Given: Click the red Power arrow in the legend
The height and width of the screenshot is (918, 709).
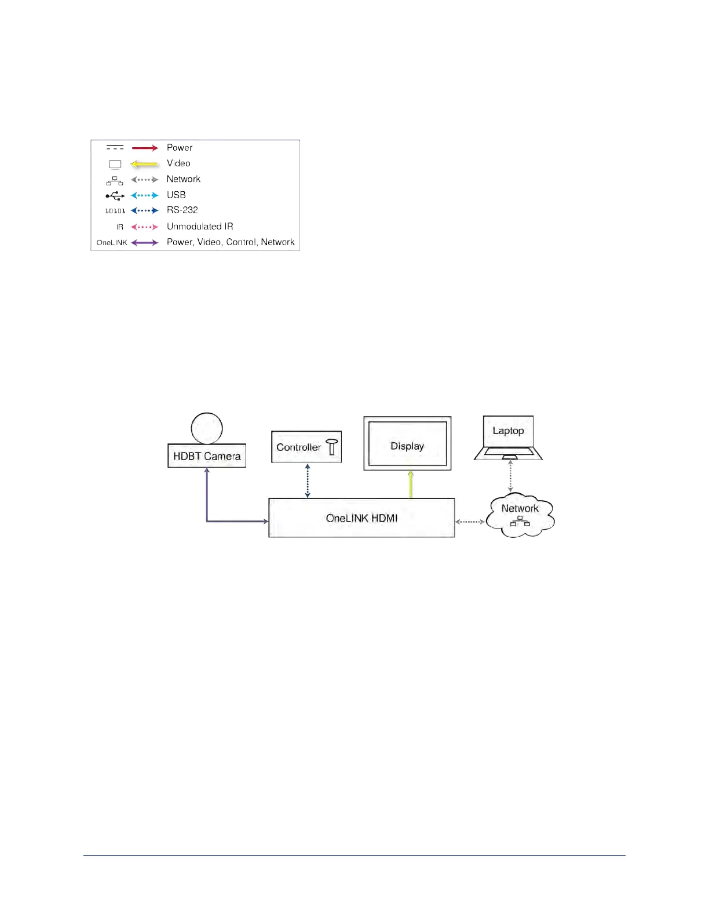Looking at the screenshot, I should tap(145, 148).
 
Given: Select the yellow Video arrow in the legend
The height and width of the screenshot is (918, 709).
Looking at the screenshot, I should tap(145, 164).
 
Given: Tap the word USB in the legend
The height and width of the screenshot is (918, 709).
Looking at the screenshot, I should tap(176, 195).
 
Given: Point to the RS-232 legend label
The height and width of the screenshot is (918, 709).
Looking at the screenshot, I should tap(182, 210).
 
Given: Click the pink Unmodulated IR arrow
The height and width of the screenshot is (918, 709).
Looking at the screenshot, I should tap(145, 227).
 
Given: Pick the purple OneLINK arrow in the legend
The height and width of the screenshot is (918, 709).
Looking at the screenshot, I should tap(145, 243).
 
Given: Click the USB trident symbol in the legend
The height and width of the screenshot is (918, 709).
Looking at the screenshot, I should tap(115, 196).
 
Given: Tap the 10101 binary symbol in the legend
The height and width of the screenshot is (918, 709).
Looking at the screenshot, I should tap(115, 211).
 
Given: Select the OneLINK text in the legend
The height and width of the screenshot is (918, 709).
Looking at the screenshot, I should tap(112, 243).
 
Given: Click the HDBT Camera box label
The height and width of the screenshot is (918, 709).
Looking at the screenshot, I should tap(207, 456).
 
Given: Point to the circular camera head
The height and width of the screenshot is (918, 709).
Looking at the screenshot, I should tap(207, 428).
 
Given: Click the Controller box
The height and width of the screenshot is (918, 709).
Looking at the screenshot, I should tap(306, 447).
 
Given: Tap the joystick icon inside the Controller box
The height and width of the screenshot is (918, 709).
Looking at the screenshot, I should tap(332, 447).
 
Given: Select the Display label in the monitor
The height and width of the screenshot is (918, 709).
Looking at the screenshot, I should tap(407, 446).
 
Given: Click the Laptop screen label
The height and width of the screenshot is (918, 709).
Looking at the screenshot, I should tap(508, 431).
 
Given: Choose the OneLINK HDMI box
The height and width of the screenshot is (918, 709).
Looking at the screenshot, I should tap(361, 518).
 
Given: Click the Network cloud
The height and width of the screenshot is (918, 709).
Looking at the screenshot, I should tap(520, 515).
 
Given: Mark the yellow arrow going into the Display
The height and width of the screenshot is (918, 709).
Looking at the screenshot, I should tap(411, 484).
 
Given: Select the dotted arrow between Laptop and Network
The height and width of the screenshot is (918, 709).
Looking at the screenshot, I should tap(510, 476).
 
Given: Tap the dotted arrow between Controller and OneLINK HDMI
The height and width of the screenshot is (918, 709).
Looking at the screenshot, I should tap(308, 480).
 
